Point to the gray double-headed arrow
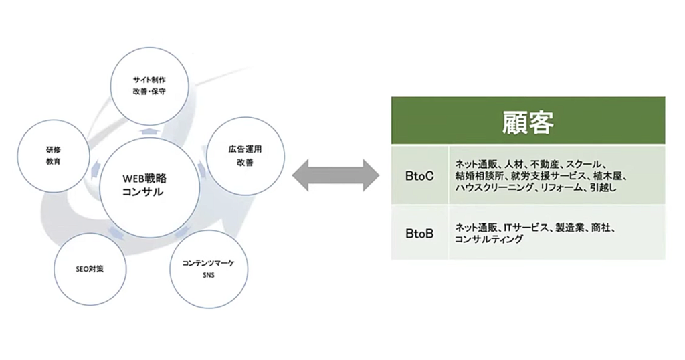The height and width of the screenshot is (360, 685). pos(336,175)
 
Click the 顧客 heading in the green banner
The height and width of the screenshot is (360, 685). pos(528,122)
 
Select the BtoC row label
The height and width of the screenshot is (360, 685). pos(419,175)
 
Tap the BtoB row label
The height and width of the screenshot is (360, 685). pos(419,234)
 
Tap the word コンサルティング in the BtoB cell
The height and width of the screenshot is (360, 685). pos(489,239)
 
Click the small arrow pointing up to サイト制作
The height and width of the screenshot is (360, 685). pos(149,132)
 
